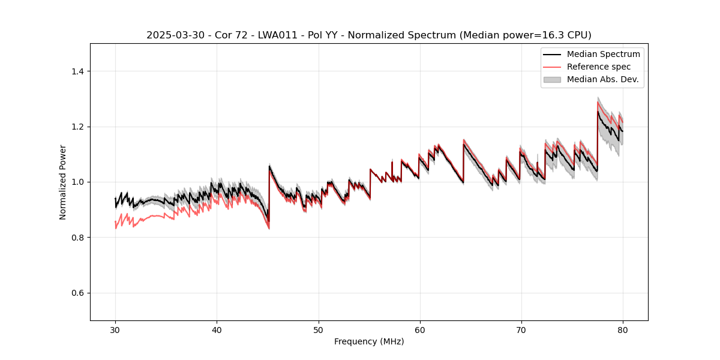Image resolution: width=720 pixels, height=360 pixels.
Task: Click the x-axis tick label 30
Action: [115, 329]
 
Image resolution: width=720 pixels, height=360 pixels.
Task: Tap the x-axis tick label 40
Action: [217, 329]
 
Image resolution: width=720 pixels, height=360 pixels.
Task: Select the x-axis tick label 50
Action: [319, 329]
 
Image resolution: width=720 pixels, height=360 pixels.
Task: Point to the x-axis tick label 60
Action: [420, 329]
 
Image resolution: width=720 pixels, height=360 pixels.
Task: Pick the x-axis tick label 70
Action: [521, 329]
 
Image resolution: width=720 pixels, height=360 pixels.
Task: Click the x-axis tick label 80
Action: [623, 329]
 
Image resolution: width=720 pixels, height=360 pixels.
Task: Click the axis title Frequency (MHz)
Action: [369, 341]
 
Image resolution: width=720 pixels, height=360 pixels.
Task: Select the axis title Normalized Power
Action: [62, 182]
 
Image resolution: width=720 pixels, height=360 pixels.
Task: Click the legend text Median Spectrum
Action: [603, 54]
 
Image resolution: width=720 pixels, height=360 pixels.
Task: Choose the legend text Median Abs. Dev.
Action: [602, 79]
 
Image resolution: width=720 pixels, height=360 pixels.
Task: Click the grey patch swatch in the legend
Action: [552, 79]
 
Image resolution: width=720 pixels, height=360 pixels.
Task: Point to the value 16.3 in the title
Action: [557, 35]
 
